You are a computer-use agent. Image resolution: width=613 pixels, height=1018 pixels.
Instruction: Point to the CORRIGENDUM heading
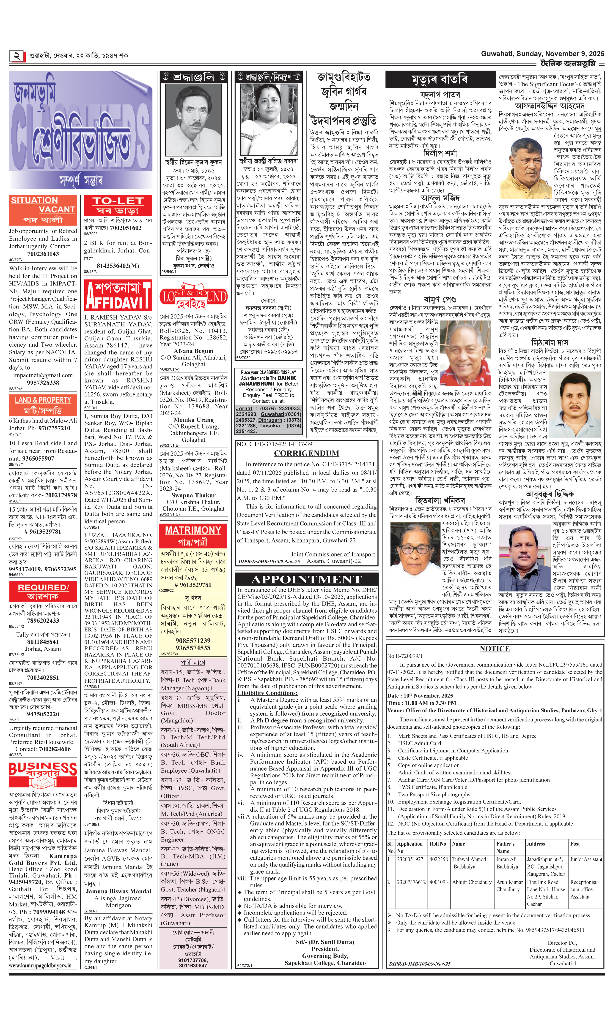(x=307, y=453)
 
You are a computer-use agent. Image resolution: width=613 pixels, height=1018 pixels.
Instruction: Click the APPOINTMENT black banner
(x=307, y=579)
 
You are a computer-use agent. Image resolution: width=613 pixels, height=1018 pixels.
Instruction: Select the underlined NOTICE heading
(x=495, y=649)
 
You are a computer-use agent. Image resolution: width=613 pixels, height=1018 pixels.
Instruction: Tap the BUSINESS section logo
(x=43, y=770)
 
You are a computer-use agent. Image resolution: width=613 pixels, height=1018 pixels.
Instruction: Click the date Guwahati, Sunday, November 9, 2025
(x=542, y=54)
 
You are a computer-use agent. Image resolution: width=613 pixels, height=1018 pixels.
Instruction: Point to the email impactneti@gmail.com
(x=43, y=375)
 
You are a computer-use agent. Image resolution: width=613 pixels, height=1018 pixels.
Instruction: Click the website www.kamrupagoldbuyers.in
(x=40, y=965)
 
